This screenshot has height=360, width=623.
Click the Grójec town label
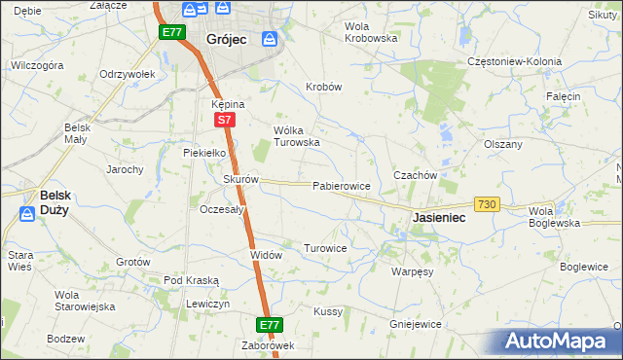point(226,40)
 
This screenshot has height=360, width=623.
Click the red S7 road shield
point(224,120)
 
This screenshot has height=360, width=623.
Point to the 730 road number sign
point(487,204)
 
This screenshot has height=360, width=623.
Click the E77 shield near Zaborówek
point(270,325)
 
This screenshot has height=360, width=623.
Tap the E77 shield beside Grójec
point(171,32)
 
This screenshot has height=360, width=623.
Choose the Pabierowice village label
point(341,185)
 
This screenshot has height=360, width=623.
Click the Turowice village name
point(325,248)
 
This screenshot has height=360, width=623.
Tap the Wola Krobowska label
point(372,32)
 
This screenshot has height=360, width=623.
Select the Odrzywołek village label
point(128,75)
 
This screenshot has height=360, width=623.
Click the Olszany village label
point(503,143)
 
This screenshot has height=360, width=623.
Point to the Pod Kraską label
point(191,280)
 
